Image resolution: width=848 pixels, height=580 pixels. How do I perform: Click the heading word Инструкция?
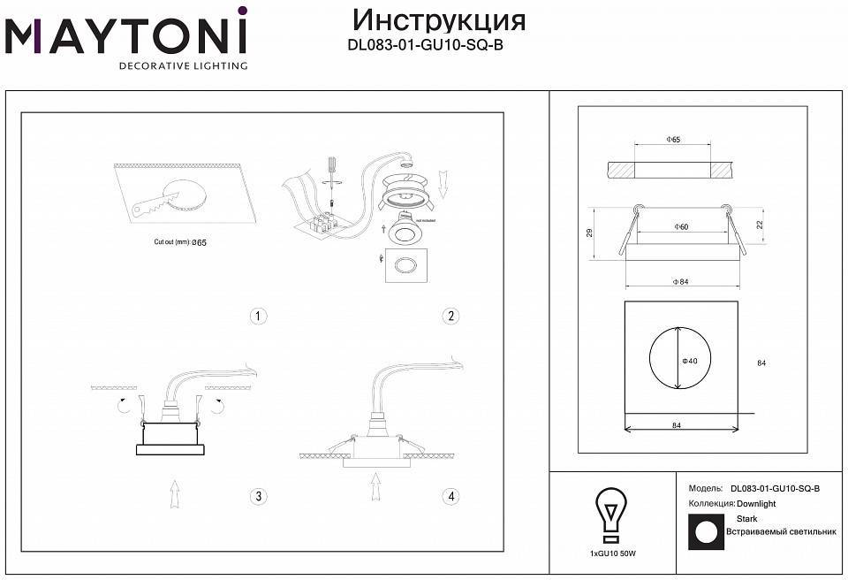(438, 19)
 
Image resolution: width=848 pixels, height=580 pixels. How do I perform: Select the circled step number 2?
(451, 316)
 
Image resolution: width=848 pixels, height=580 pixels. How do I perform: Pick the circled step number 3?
(258, 496)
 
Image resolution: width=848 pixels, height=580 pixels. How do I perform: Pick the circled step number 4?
(451, 496)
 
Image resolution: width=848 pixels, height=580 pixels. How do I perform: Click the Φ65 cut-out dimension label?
(672, 140)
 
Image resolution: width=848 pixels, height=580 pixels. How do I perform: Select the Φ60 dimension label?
(680, 227)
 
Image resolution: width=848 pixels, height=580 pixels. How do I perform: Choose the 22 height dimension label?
(759, 225)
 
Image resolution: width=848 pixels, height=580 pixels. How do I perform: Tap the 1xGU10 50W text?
(612, 553)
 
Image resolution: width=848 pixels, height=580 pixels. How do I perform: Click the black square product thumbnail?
(705, 532)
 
